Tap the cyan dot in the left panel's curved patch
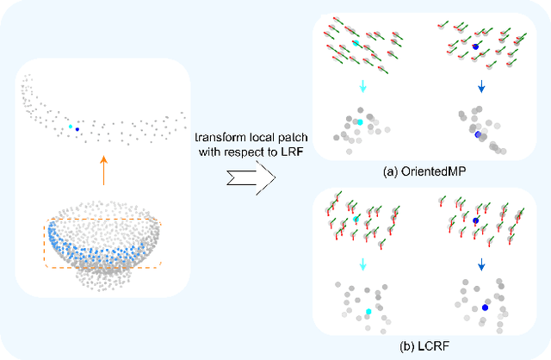click(70, 127)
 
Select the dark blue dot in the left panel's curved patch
click(77, 130)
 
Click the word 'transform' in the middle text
click(216, 139)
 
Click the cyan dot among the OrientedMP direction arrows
click(356, 42)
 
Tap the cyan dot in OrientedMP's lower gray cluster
click(359, 123)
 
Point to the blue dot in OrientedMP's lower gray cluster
click(477, 133)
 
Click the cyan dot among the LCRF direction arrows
click(356, 220)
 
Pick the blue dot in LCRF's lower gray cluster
click(485, 307)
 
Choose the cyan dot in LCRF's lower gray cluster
click(368, 311)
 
